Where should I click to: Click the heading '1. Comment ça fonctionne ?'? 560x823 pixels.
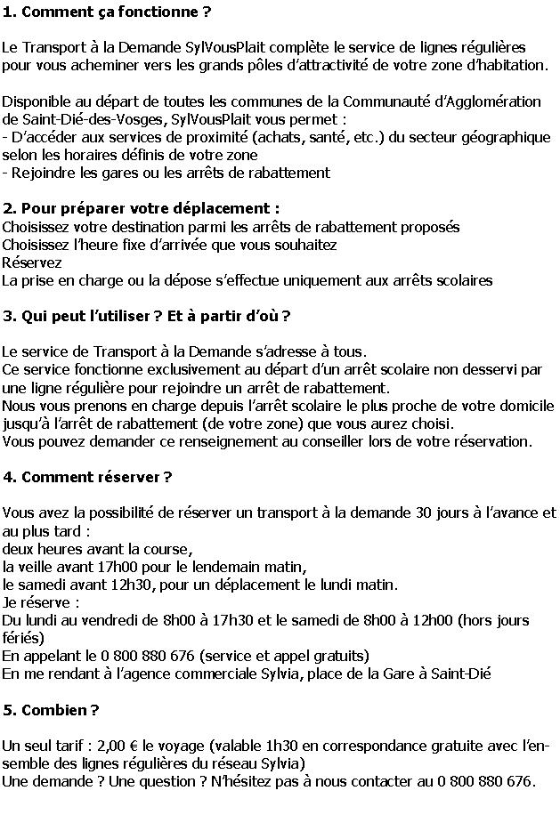coord(108,12)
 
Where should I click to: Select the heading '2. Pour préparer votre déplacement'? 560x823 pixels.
coord(141,208)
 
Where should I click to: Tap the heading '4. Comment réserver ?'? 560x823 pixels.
coord(87,477)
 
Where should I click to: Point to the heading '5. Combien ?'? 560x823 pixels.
coord(51,710)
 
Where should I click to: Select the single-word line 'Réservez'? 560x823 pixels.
coord(32,262)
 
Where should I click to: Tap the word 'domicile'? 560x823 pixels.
coord(525,406)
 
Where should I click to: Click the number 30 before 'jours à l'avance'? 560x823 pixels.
coord(425,512)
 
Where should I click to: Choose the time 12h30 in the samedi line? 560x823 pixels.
coord(131,584)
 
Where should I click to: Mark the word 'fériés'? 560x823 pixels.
coord(22,638)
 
